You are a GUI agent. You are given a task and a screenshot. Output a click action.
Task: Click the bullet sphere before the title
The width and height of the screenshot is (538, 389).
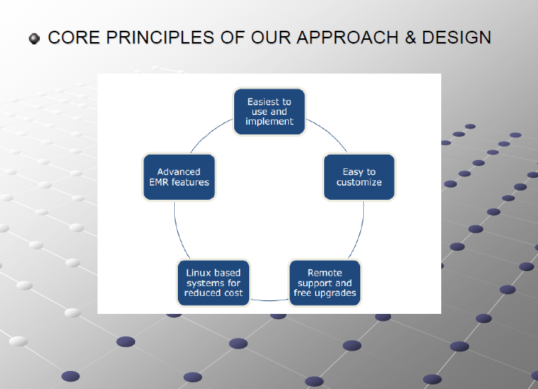click(x=35, y=38)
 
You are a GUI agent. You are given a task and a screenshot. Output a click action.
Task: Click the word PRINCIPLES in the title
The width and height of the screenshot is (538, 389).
click(x=161, y=38)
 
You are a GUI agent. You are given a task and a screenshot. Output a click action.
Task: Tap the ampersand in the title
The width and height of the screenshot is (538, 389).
click(x=410, y=38)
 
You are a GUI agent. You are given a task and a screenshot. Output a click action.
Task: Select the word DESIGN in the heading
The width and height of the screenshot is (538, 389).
click(x=457, y=38)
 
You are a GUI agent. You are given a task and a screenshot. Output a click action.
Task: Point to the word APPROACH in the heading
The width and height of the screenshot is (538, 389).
click(x=347, y=38)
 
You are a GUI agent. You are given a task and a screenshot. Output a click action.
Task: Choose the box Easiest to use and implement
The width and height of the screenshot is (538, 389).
click(x=269, y=112)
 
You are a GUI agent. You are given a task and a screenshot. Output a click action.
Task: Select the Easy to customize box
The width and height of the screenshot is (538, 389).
click(x=359, y=176)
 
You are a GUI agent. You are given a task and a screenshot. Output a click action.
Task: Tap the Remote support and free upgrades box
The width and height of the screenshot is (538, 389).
click(x=325, y=283)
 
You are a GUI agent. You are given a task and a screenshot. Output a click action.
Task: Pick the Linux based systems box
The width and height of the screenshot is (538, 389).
click(x=213, y=283)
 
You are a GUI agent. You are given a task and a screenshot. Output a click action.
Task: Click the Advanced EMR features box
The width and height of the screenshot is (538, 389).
click(x=179, y=176)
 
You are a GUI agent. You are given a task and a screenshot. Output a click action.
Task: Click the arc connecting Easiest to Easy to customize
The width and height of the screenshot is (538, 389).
click(x=329, y=132)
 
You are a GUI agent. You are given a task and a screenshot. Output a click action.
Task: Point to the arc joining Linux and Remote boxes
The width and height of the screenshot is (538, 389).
click(x=269, y=301)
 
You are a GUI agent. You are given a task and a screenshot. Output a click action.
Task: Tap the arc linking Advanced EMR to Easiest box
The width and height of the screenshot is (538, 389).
click(x=209, y=133)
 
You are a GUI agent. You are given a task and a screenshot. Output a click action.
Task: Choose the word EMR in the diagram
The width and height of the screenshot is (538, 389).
click(x=159, y=182)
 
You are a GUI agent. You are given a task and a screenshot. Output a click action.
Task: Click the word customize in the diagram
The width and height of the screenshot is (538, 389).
click(x=359, y=182)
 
